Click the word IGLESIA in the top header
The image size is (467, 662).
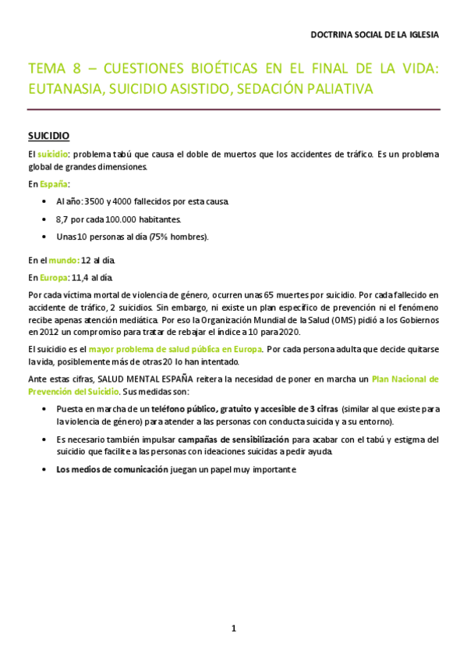click(422, 35)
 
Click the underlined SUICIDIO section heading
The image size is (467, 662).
click(48, 135)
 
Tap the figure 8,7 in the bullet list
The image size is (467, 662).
click(63, 219)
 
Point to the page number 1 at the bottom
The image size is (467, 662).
click(233, 628)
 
